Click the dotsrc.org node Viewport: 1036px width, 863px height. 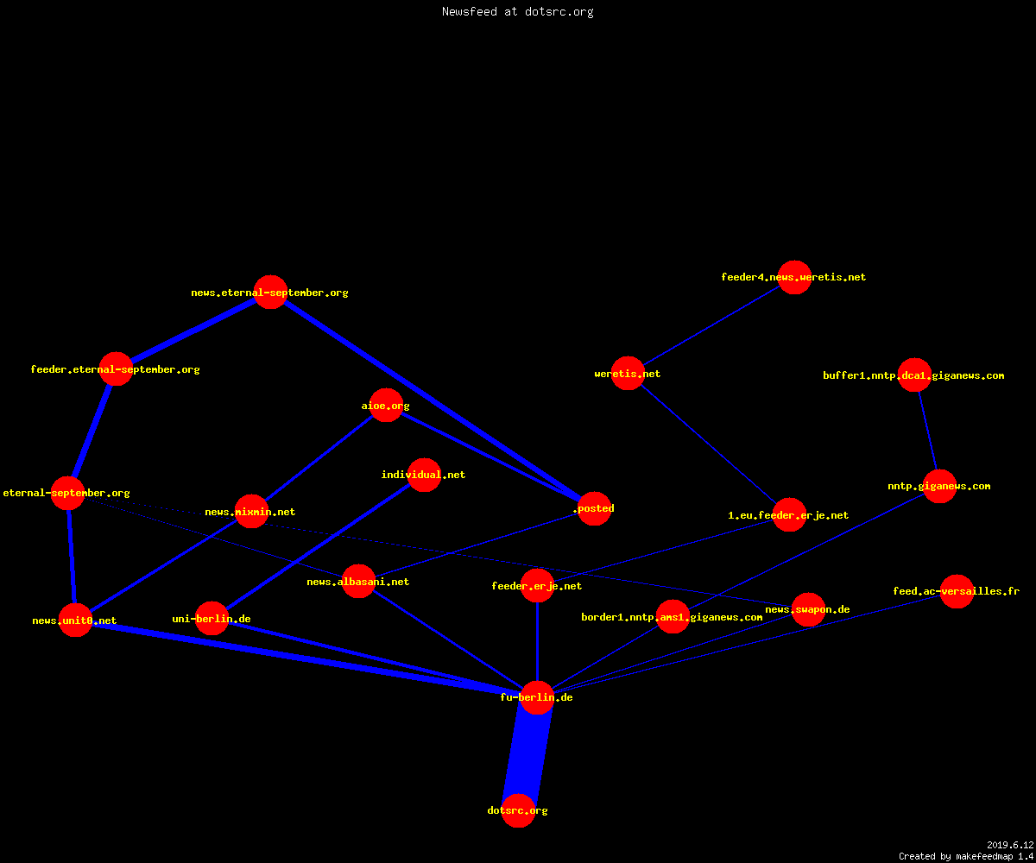(x=518, y=810)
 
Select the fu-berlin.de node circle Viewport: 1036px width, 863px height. (x=537, y=697)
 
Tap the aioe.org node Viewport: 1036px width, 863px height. (x=386, y=406)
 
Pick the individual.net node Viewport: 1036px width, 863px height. (x=424, y=475)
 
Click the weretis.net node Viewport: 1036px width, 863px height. (x=628, y=373)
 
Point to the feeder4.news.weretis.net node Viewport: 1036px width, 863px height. (x=794, y=277)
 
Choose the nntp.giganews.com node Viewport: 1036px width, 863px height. (x=939, y=486)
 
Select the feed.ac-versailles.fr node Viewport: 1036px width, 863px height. (x=957, y=591)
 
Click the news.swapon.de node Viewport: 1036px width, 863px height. (x=808, y=609)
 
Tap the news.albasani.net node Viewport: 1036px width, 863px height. (x=358, y=581)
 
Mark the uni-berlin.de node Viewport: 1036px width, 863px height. (x=212, y=618)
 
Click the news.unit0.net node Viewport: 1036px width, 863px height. (x=75, y=620)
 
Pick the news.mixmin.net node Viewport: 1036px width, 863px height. (x=251, y=512)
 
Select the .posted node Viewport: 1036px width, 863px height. (x=595, y=508)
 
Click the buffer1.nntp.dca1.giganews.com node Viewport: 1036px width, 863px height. (x=914, y=375)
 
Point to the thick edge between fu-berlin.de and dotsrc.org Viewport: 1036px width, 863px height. (x=527, y=754)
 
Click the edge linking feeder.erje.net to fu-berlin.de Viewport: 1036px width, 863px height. (x=537, y=642)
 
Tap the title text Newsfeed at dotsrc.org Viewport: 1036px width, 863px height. (x=517, y=11)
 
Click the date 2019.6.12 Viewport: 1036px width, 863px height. (x=1010, y=845)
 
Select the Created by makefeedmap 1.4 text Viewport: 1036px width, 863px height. (x=966, y=856)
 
